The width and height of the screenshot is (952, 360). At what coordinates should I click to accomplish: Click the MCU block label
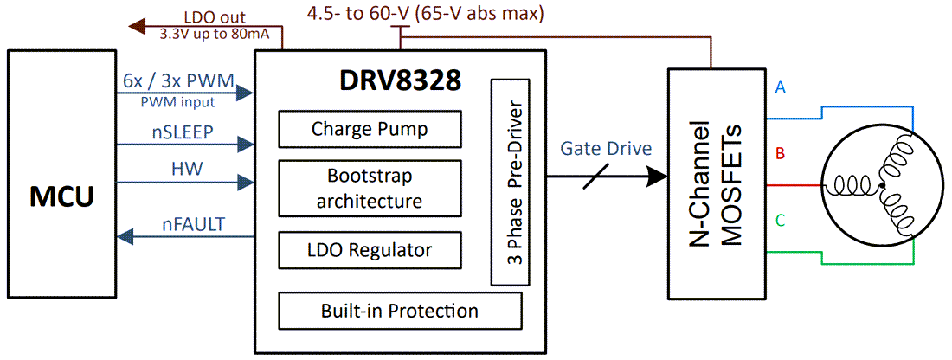61,197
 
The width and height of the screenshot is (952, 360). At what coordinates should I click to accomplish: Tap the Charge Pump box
370,130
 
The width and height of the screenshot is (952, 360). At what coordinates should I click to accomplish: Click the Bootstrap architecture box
370,189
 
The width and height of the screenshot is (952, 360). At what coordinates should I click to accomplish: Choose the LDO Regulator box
370,250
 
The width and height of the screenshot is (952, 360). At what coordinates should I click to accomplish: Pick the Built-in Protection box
399,311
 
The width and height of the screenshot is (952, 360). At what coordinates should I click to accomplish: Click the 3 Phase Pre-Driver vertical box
511,183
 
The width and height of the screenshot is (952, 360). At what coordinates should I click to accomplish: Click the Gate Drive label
605,148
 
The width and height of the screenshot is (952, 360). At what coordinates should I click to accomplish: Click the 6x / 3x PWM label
179,82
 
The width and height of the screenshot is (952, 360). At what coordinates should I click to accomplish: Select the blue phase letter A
781,87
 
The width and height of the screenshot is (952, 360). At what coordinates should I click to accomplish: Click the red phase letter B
780,155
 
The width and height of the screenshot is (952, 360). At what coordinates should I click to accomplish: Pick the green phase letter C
781,222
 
